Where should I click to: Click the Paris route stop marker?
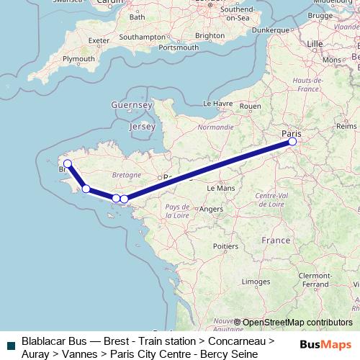point(292,142)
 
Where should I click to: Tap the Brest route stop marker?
point(68,163)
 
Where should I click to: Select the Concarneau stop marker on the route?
point(86,189)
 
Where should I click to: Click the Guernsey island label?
point(132,105)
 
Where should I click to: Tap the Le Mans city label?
point(220,187)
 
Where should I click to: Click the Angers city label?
point(211,209)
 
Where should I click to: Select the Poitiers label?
point(225,246)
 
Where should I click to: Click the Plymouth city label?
point(79,59)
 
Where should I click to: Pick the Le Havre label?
point(217,103)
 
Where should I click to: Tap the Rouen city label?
point(250,106)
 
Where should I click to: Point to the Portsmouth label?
point(178,48)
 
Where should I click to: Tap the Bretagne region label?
point(126,175)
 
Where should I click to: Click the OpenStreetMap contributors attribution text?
point(297,323)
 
